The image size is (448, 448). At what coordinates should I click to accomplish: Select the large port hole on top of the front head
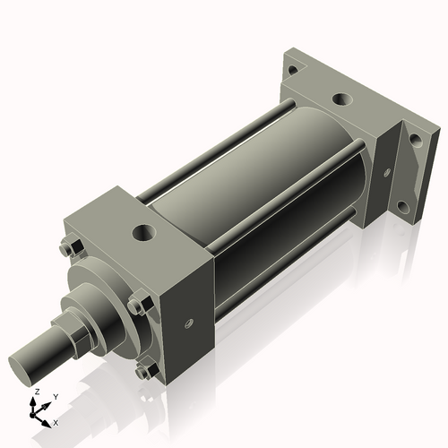pos(142,235)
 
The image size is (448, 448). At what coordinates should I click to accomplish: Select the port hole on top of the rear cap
pos(341,100)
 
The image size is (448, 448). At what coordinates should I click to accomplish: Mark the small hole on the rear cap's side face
pos(387,172)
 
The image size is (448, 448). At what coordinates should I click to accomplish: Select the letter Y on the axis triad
pos(55,396)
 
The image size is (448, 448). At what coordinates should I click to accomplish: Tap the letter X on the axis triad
pos(56,421)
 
